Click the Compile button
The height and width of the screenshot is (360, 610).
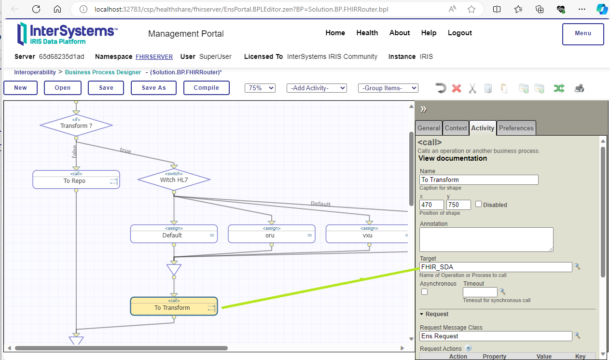[207, 88]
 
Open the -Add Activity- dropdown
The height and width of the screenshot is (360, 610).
[317, 88]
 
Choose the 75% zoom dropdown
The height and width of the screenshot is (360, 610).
[260, 88]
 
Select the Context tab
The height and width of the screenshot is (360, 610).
[456, 128]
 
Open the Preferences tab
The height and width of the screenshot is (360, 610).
[516, 128]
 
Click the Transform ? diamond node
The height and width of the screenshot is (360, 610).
[76, 125]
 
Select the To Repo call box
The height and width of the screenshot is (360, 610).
[76, 180]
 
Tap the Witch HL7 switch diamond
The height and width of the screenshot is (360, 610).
[174, 180]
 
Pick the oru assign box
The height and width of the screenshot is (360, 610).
[272, 234]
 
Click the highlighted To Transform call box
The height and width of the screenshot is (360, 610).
[174, 306]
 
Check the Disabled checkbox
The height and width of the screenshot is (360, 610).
[478, 204]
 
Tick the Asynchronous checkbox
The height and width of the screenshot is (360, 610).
[424, 292]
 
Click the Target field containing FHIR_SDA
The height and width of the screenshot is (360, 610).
[496, 267]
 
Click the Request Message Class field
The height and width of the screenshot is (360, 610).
[496, 336]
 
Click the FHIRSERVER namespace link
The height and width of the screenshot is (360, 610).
[154, 56]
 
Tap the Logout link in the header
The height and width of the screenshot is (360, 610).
[460, 33]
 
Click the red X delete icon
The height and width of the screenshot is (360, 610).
[457, 88]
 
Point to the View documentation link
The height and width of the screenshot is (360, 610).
[453, 158]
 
